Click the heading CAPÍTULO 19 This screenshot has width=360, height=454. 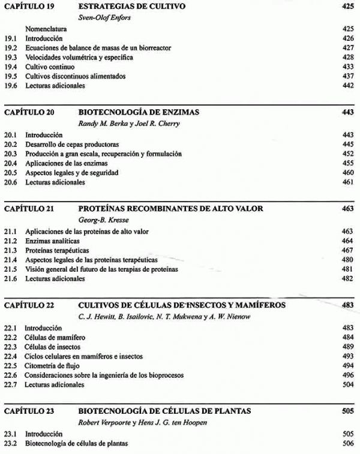pyautogui.click(x=29, y=7)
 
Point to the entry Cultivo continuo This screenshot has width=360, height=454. pyautogui.click(x=50, y=67)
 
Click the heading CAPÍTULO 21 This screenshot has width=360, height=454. pyautogui.click(x=29, y=209)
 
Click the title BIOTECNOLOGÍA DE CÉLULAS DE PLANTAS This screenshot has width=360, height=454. pyautogui.click(x=164, y=411)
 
